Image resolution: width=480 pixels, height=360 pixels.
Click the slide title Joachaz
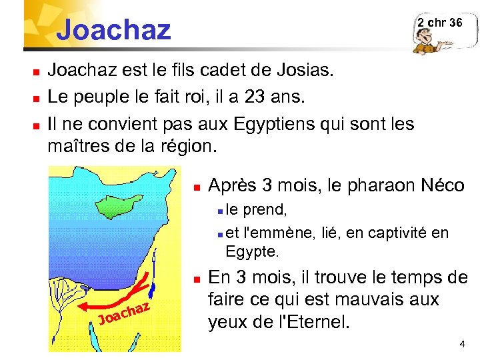(113, 30)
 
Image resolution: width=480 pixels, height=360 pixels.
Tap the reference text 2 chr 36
(439, 23)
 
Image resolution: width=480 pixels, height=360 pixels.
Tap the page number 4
(462, 344)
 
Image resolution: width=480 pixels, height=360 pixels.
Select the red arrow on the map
(120, 297)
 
